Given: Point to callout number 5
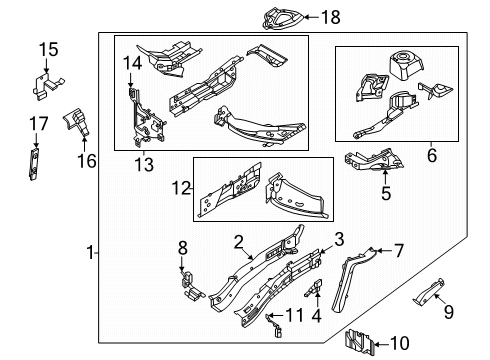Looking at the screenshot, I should pyautogui.click(x=384, y=194).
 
